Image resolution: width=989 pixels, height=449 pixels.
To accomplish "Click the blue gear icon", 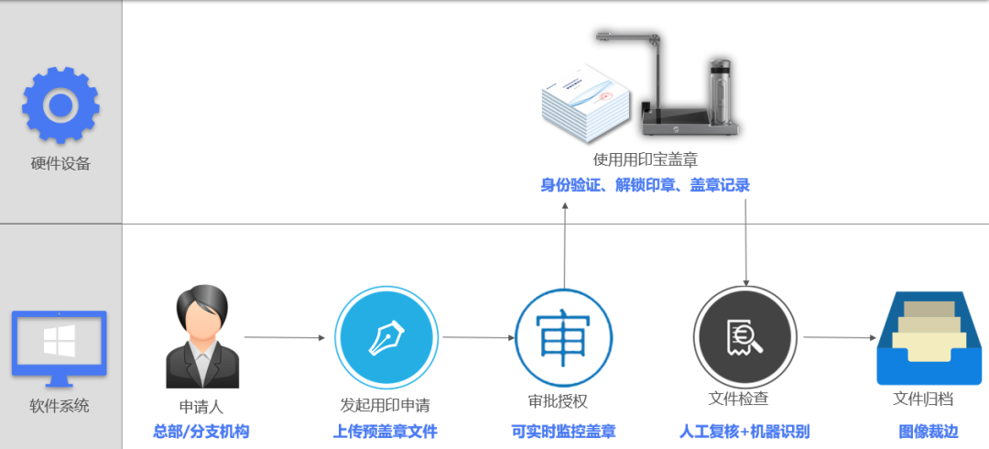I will coord(60,105).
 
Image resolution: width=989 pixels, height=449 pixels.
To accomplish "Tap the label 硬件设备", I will coord(60,164).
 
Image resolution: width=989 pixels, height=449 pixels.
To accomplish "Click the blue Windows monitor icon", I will coord(60,346).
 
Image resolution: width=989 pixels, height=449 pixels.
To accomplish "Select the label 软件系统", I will coord(60,405).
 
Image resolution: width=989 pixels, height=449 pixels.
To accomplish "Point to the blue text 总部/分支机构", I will coord(201,432).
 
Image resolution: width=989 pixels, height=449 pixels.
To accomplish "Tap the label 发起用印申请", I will coord(385,404).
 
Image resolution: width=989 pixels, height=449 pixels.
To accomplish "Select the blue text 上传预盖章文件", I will coord(385,432).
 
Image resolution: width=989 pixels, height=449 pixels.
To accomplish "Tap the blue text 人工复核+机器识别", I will coord(744,432).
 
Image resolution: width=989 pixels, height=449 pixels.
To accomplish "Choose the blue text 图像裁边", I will coord(928,432).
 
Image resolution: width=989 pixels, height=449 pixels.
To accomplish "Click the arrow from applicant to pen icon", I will coord(284,337).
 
